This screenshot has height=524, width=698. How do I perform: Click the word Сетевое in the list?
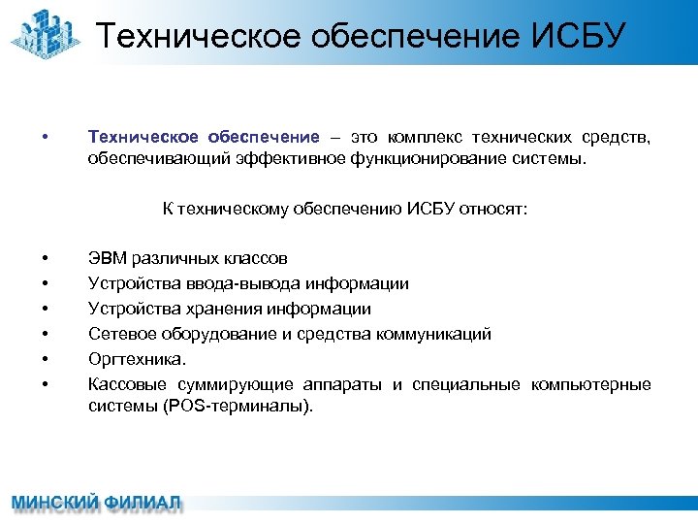click(119, 335)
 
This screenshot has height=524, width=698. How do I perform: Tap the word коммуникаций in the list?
click(437, 335)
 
